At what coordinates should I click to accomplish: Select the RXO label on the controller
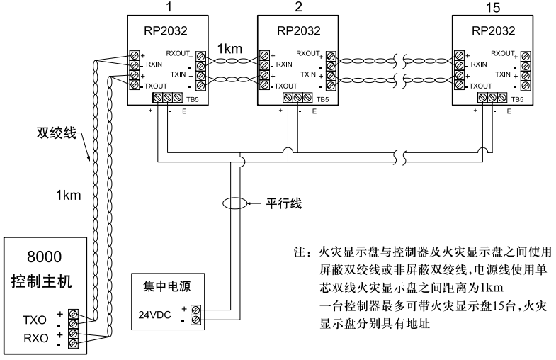(x=35, y=338)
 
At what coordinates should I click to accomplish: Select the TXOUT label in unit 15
(x=482, y=84)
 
